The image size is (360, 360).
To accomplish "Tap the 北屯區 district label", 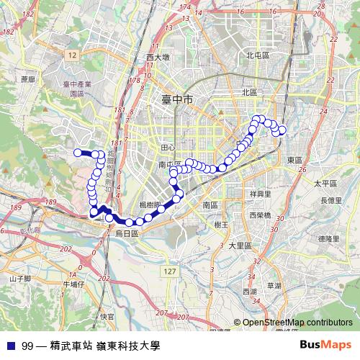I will click(x=257, y=55).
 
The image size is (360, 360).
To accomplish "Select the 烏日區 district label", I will click(x=127, y=234).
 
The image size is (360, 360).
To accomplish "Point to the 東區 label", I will click(x=294, y=160).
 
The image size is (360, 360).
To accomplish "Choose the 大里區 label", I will click(x=238, y=245).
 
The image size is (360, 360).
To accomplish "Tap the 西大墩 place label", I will click(x=157, y=56).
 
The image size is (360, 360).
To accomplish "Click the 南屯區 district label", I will click(x=171, y=164).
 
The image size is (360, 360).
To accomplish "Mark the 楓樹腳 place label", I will click(x=150, y=205).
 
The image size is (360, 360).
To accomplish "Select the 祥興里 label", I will click(x=259, y=194).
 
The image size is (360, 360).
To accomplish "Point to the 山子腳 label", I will click(x=20, y=278).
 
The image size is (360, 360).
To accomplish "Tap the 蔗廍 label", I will click(x=28, y=79).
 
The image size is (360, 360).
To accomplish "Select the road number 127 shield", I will click(x=169, y=271).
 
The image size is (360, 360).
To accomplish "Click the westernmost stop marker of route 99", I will click(x=78, y=152).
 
